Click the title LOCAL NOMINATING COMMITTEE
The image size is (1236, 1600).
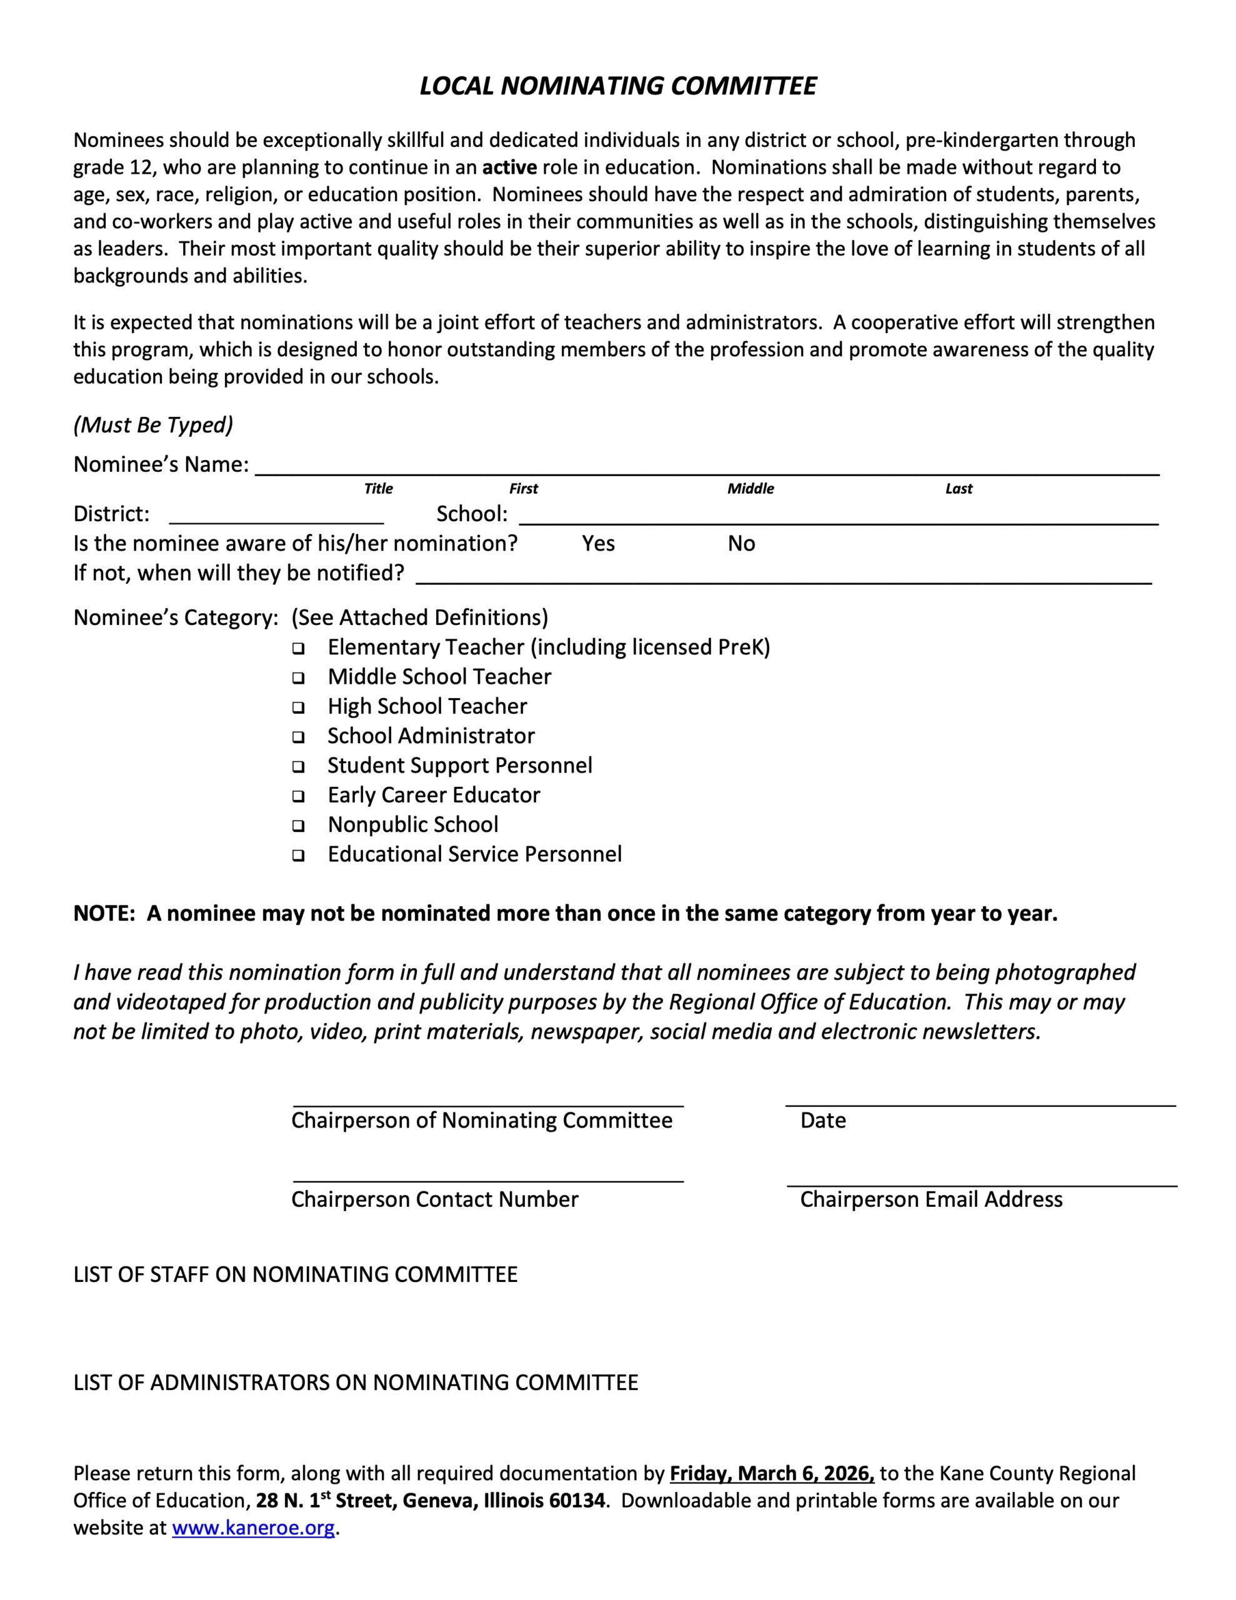click(x=617, y=86)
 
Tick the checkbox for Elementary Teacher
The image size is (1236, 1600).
click(x=298, y=648)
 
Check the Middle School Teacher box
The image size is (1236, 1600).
click(x=298, y=677)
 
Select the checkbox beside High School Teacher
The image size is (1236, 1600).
click(x=298, y=707)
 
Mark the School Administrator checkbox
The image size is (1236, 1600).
click(x=298, y=737)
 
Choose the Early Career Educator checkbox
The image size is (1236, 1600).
click(x=298, y=796)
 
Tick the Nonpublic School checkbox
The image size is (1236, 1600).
click(x=298, y=826)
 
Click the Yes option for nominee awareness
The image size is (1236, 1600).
click(x=598, y=544)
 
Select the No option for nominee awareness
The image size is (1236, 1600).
click(x=740, y=544)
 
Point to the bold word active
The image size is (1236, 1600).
click(x=509, y=167)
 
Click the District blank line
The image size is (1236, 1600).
click(x=276, y=522)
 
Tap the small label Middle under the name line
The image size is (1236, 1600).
click(x=750, y=489)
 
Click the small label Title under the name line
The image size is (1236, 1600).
click(x=378, y=489)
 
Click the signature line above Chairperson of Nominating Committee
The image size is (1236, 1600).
click(x=488, y=1105)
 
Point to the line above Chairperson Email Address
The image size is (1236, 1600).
click(x=982, y=1184)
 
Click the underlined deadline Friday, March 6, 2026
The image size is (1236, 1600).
click(x=772, y=1474)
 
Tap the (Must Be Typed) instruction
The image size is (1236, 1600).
click(x=153, y=425)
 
